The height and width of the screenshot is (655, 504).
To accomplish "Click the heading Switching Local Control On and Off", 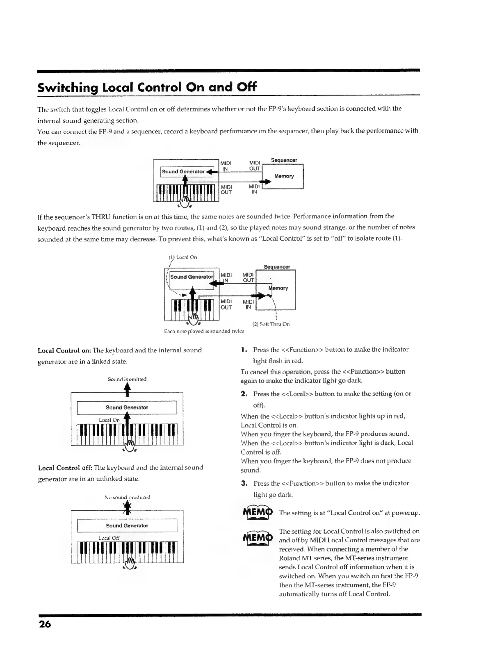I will click(147, 87).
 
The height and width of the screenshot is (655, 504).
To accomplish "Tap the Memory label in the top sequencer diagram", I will click(284, 176).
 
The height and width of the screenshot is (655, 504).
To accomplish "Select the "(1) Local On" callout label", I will click(183, 257).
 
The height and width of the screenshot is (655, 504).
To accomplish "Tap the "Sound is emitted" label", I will click(127, 379).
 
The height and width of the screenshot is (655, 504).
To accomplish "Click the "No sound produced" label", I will click(127, 497).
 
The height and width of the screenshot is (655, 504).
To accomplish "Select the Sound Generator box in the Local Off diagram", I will click(127, 525).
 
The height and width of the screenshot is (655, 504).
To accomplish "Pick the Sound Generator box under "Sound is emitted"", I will click(127, 407).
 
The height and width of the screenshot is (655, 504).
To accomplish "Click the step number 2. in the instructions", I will click(244, 393).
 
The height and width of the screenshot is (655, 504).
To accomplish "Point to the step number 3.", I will click(244, 483).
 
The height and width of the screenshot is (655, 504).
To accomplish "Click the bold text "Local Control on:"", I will click(64, 350).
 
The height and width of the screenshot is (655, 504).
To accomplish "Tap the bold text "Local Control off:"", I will click(65, 468).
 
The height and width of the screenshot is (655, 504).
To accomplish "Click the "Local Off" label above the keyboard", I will click(109, 538).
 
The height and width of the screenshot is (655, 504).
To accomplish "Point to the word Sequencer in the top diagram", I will click(284, 160).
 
